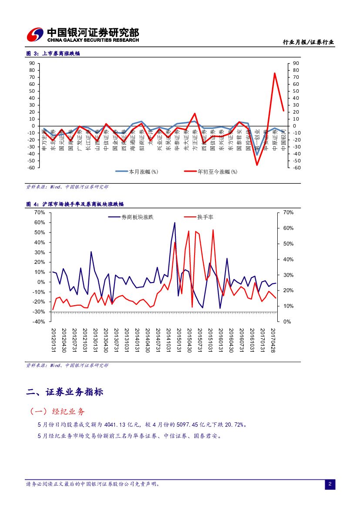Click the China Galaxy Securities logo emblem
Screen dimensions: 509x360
coord(35,34)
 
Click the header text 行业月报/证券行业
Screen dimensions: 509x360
coord(308,42)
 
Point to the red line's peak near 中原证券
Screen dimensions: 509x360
coord(275,73)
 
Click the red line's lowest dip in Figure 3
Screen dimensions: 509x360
coord(257,165)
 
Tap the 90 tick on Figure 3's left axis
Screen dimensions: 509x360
coord(32,63)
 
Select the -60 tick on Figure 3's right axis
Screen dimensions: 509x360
coord(296,168)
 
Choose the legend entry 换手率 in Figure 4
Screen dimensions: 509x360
coord(205,217)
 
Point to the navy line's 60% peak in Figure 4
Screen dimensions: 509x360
coord(175,222)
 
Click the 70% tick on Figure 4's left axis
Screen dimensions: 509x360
coord(40,212)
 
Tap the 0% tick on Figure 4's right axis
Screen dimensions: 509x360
coord(287,322)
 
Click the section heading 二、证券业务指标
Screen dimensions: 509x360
coord(64,392)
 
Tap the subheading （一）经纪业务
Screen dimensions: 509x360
coord(57,411)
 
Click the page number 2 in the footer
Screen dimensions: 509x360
coord(330,484)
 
